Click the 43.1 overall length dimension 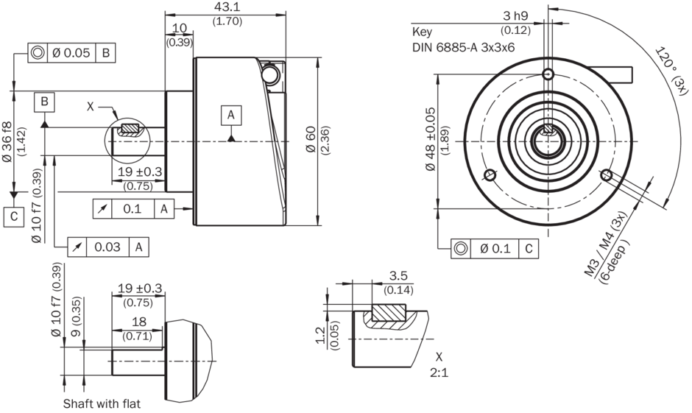[x=227, y=7]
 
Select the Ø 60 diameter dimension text [x=311, y=139]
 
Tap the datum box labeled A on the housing [x=231, y=115]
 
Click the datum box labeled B [x=45, y=102]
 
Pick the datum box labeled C [x=14, y=216]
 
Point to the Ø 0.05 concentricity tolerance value [x=71, y=53]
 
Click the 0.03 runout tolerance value [x=107, y=247]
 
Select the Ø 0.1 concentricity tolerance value [x=495, y=249]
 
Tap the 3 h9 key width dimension [x=515, y=16]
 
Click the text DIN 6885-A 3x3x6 [x=463, y=47]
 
